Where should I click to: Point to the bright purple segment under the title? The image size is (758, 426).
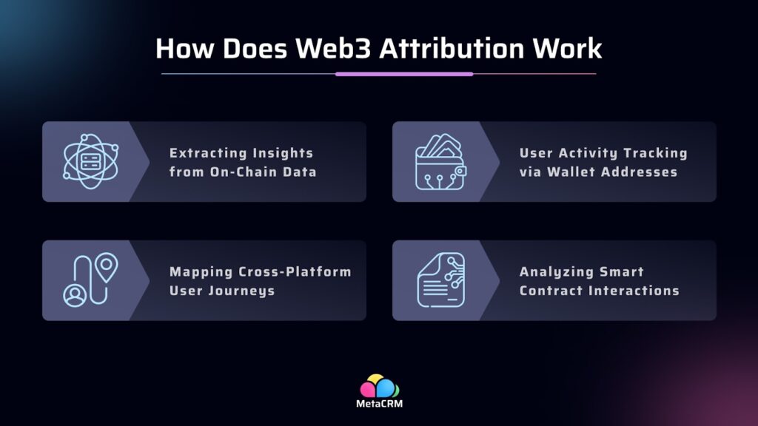[403, 74]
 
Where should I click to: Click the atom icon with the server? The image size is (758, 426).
[90, 161]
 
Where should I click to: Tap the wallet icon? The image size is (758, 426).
[440, 162]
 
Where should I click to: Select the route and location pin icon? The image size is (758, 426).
[90, 280]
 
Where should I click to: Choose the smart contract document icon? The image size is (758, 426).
[440, 280]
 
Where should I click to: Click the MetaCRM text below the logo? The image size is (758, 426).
[379, 405]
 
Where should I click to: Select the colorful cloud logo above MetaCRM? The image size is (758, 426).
[379, 386]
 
